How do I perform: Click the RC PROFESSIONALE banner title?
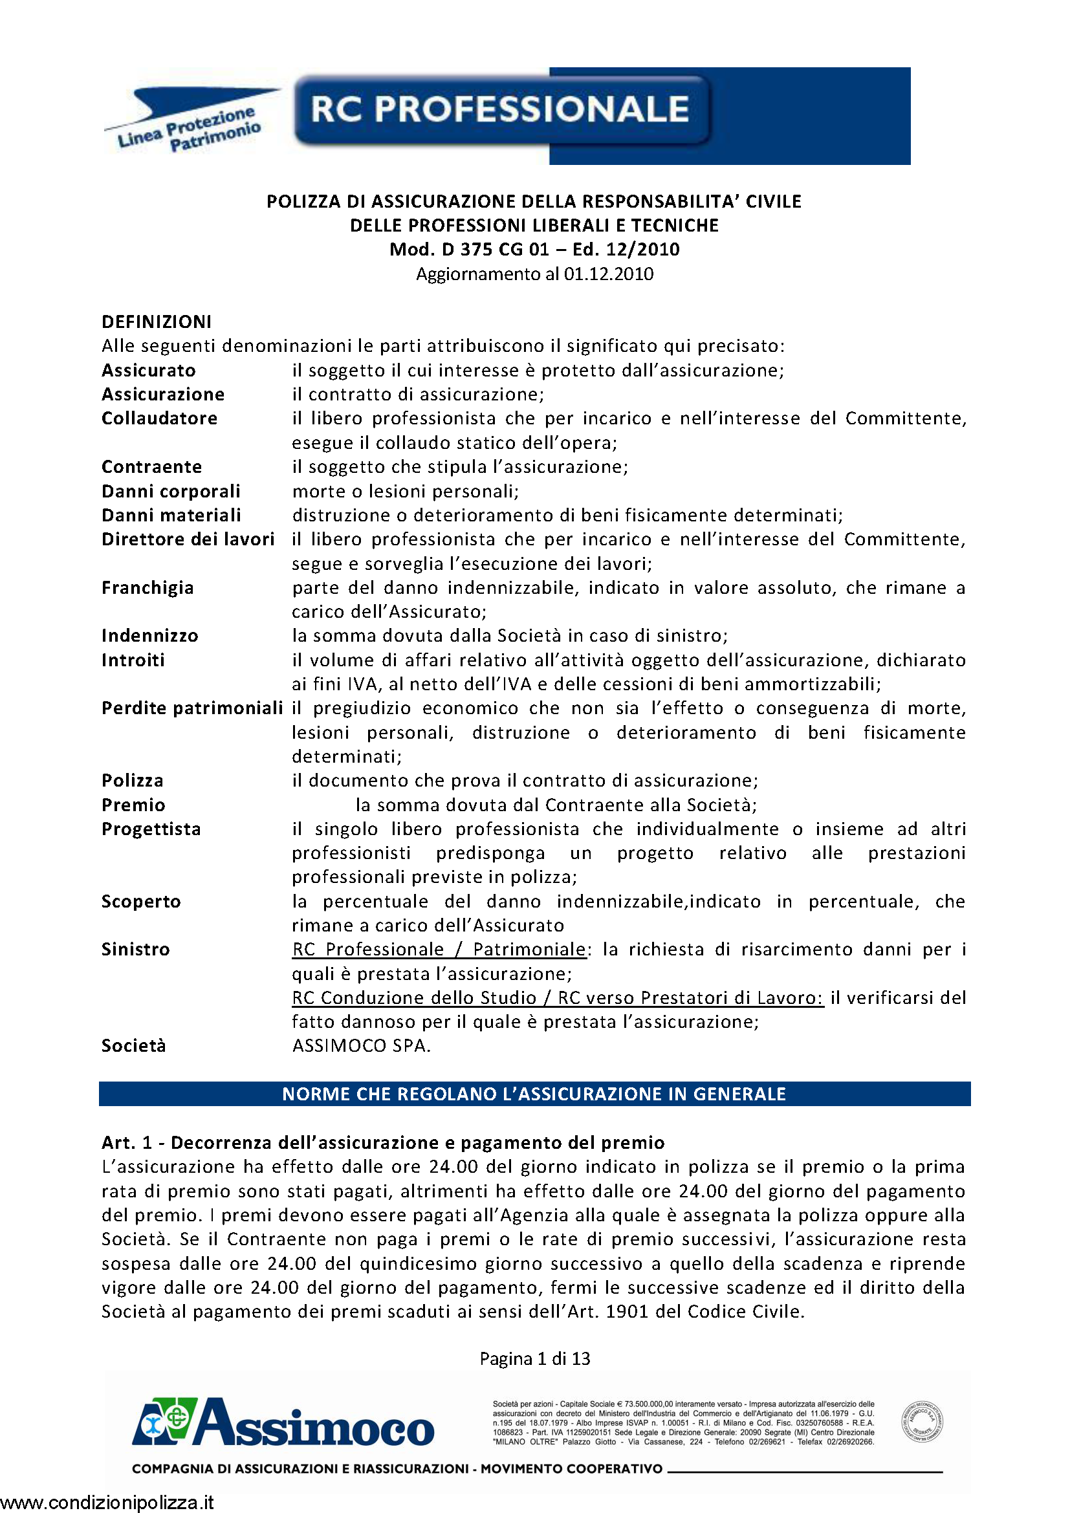point(499,109)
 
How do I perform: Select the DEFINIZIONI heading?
point(157,321)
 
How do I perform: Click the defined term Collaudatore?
point(159,419)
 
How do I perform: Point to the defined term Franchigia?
point(147,588)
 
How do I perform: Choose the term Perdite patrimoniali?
point(192,708)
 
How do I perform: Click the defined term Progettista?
point(151,829)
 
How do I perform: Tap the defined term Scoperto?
point(141,902)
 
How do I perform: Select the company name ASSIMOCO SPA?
point(361,1046)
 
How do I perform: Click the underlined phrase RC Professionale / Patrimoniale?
point(439,950)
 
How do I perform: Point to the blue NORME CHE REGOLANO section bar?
point(534,1094)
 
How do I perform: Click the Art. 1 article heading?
point(383,1142)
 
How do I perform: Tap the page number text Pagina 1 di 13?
point(534,1358)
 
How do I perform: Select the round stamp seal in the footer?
point(922,1422)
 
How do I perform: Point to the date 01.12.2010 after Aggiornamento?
point(608,274)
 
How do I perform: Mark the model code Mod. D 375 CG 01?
point(468,250)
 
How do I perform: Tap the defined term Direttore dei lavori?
point(188,539)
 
